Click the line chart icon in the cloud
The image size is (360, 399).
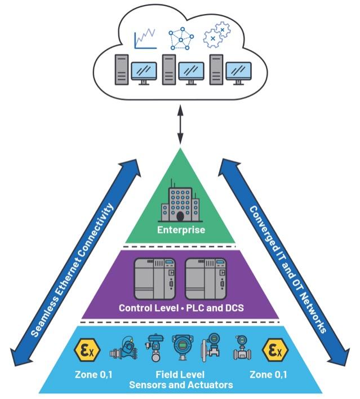coord(145,39)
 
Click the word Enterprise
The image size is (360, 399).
coord(180,230)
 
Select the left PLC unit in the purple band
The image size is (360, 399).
coord(154,280)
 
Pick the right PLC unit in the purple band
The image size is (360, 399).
coord(206,280)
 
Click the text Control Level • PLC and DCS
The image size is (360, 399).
coord(180,308)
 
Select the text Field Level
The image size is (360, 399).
coord(180,374)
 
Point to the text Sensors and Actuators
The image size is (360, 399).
coord(180,384)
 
